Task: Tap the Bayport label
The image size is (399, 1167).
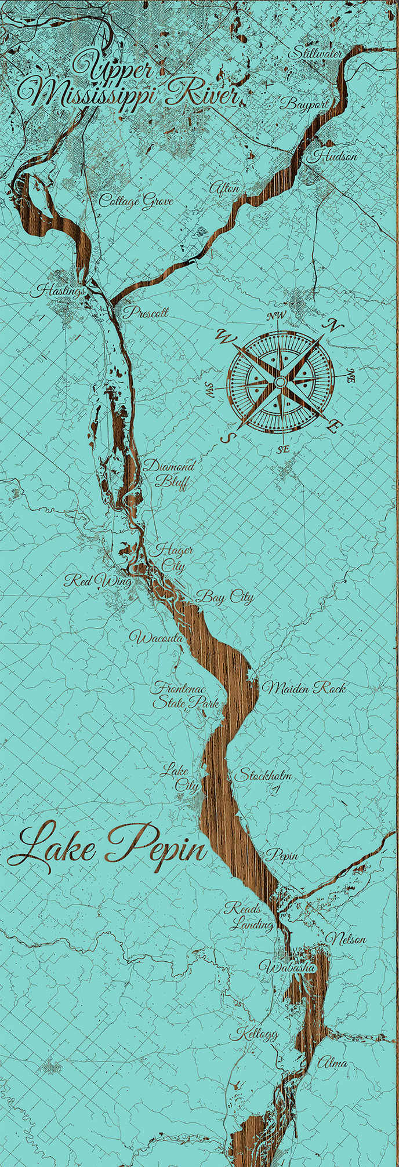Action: click(303, 104)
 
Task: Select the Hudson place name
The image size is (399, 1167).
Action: click(336, 156)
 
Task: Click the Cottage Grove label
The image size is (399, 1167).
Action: click(136, 201)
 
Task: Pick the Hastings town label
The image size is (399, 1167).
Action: click(61, 290)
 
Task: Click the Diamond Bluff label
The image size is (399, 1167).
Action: click(168, 474)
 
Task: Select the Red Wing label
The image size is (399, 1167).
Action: click(97, 580)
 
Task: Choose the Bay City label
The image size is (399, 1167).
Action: click(225, 596)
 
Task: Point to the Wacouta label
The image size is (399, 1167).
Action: click(157, 638)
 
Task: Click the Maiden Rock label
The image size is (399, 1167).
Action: click(304, 688)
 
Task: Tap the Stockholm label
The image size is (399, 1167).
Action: click(263, 775)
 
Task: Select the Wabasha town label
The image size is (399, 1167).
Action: click(287, 967)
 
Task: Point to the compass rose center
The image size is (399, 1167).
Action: click(280, 382)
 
